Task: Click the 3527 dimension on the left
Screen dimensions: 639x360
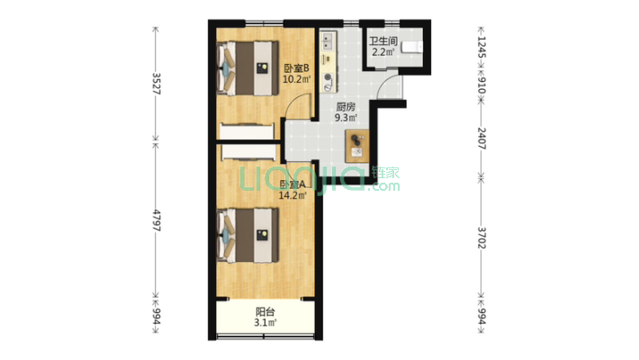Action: point(156,84)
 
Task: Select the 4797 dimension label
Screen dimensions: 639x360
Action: point(156,220)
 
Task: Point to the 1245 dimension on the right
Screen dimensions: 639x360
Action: point(481,48)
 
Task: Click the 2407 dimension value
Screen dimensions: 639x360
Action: point(481,139)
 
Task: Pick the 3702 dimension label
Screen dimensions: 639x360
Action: point(481,238)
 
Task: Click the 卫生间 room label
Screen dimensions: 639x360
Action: point(383,41)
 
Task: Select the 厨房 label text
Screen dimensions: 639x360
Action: point(346,107)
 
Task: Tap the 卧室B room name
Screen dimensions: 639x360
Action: point(296,68)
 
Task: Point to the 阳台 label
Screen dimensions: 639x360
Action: point(265,312)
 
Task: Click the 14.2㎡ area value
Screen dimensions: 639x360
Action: point(292,195)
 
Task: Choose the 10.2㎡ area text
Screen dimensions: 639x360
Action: point(297,79)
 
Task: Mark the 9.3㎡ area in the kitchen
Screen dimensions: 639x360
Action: point(346,118)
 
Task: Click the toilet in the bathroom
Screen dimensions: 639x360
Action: point(412,47)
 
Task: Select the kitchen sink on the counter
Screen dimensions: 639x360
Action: point(328,40)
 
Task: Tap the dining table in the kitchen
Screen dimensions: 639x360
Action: point(357,146)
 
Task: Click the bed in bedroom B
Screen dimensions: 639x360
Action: point(247,68)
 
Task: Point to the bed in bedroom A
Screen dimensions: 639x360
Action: point(247,235)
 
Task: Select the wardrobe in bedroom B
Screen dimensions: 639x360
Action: point(247,130)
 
